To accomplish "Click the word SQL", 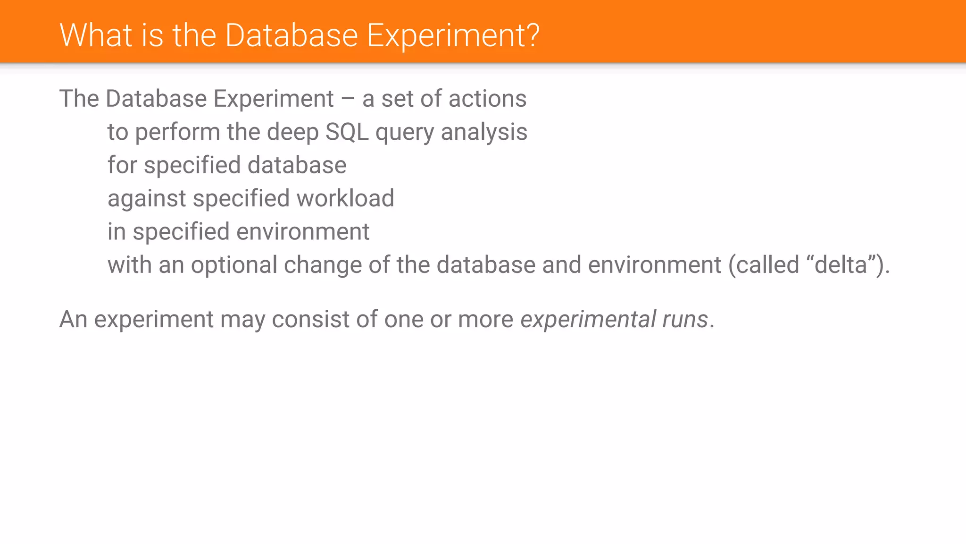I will [x=347, y=132].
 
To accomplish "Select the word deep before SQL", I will [x=292, y=132].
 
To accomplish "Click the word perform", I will [x=177, y=133].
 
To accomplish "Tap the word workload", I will [x=345, y=198].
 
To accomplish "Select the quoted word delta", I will [x=841, y=264].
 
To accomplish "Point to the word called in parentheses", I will [x=767, y=264].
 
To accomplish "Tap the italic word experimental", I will [x=588, y=320].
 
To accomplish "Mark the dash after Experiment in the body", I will [x=348, y=99].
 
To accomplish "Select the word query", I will [x=404, y=133].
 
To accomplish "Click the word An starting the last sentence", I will [x=73, y=319].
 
